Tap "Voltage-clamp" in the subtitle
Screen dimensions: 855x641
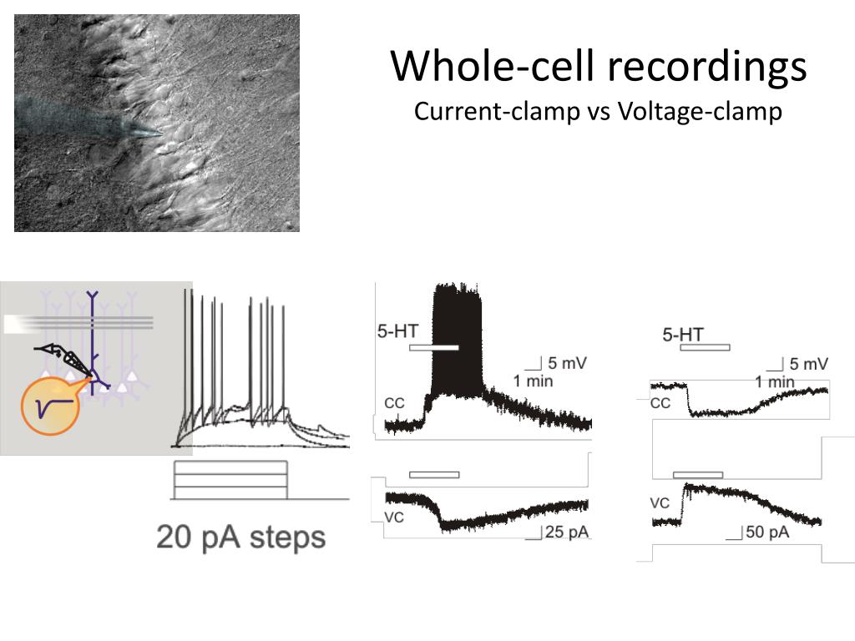(x=700, y=111)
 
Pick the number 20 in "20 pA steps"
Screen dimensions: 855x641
(x=175, y=537)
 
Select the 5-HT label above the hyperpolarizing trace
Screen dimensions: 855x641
(x=683, y=335)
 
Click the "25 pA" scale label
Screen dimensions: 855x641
(x=566, y=532)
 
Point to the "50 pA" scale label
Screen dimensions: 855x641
(x=766, y=532)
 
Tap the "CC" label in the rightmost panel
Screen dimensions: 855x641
(x=660, y=404)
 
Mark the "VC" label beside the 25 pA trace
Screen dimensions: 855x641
(x=394, y=517)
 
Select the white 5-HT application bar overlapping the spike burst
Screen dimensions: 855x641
(x=433, y=347)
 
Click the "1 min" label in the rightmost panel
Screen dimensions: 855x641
(x=775, y=382)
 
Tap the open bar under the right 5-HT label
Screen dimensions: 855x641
(x=705, y=347)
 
